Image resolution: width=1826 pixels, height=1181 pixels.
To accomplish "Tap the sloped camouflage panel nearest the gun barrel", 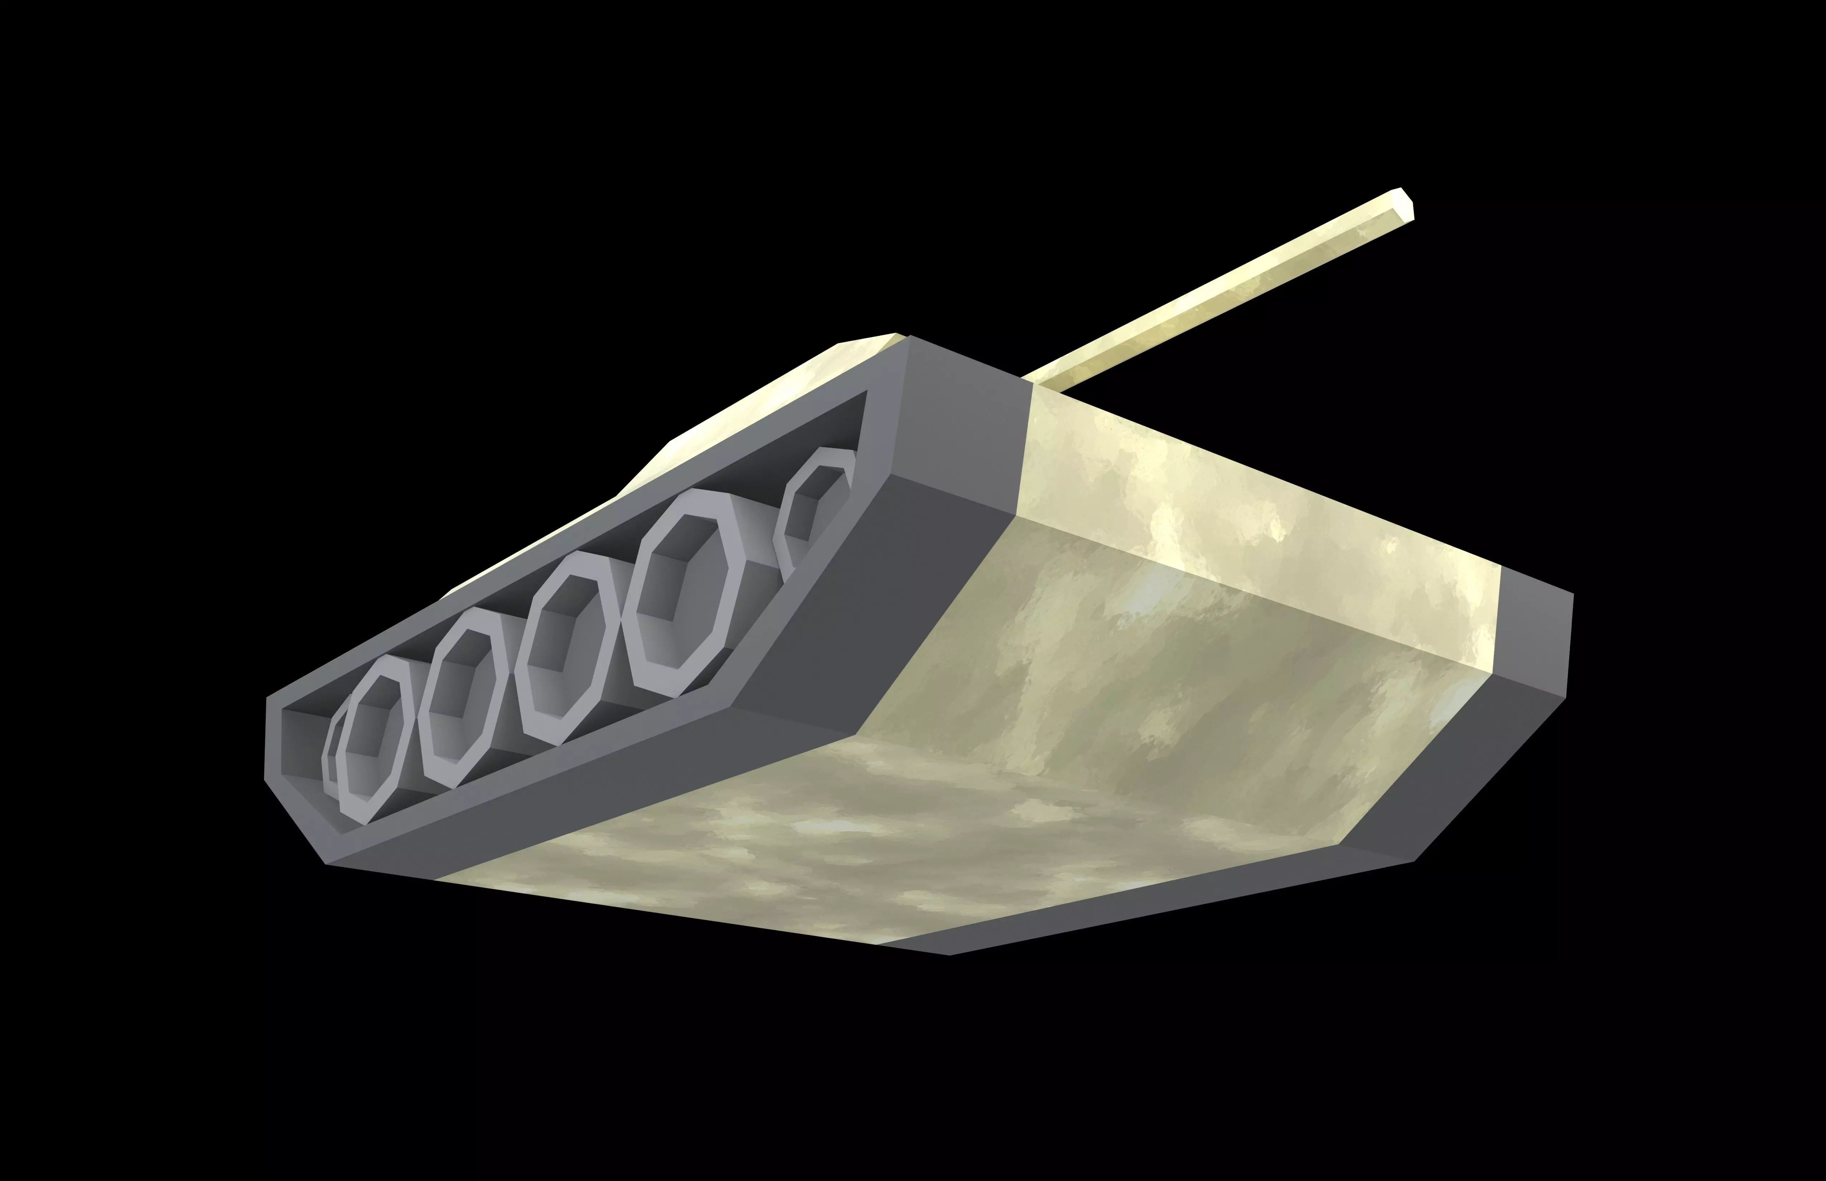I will [x=1228, y=521].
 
